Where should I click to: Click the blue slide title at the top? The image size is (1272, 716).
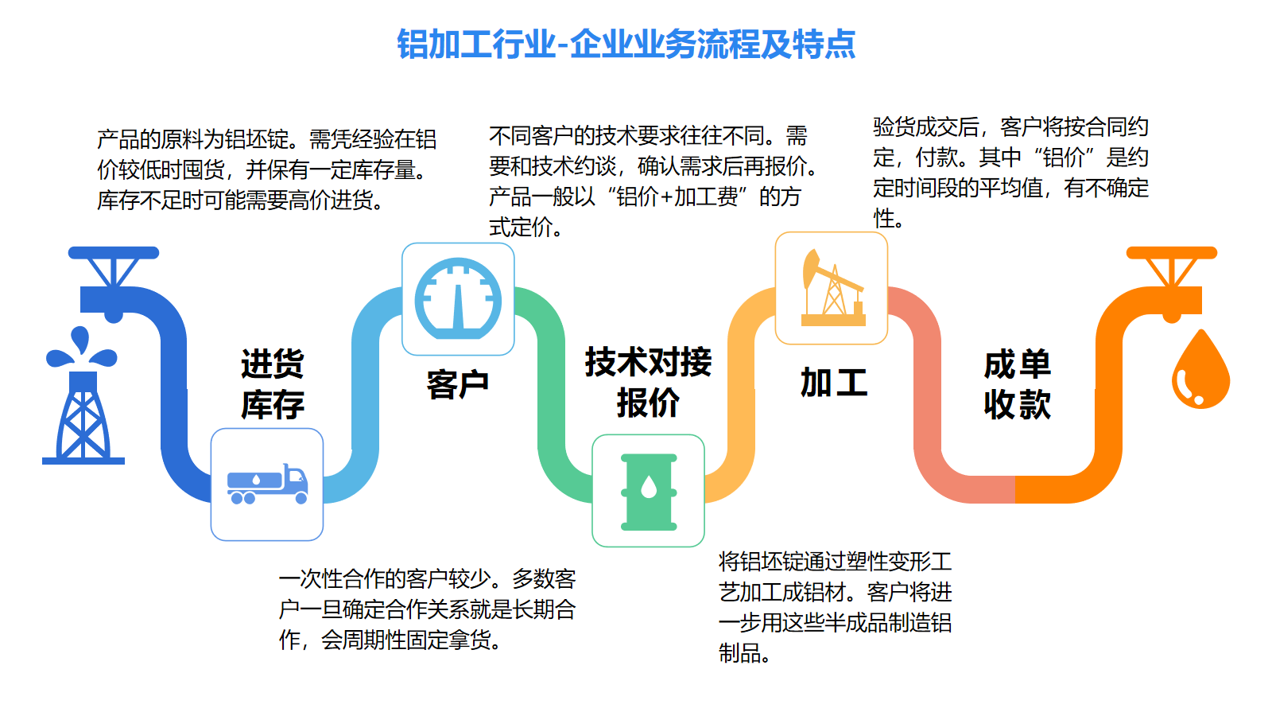pos(626,44)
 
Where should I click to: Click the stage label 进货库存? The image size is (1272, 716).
pos(273,384)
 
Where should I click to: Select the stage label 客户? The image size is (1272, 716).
pos(458,385)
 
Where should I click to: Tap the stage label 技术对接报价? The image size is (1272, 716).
pos(648,382)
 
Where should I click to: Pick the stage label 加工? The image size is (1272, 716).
pos(834,382)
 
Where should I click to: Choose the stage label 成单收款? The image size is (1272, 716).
pos(1017,384)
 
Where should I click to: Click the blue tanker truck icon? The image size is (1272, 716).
pos(267,484)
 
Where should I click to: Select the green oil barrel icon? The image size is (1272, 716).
pos(649,492)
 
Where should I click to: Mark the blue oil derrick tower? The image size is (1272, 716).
pos(83,418)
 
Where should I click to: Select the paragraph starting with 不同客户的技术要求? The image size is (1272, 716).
pos(653,181)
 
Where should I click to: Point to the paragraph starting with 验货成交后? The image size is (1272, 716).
pos(1010,172)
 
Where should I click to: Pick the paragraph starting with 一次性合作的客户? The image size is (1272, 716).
pos(427,609)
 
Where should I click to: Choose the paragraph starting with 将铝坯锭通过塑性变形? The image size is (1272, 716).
pos(835,608)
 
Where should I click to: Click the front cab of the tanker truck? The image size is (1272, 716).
pos(296,482)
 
